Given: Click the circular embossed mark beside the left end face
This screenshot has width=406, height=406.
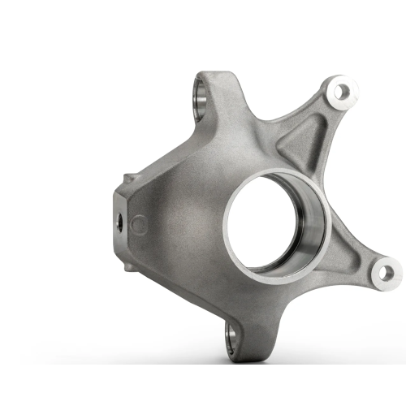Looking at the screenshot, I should click(139, 222).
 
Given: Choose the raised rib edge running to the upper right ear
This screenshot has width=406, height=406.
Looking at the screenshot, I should click(304, 114).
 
